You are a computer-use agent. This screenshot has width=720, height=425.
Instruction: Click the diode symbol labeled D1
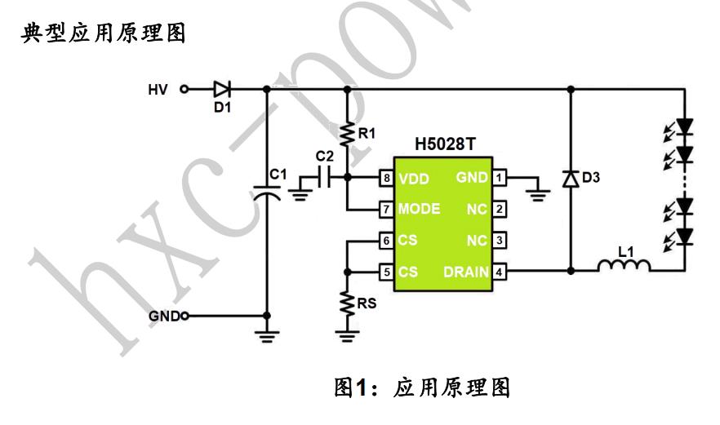click(221, 89)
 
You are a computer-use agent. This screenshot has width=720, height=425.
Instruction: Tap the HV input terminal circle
click(184, 89)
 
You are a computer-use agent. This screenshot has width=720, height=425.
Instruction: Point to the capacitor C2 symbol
click(324, 177)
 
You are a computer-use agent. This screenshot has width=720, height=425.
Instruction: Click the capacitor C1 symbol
click(268, 193)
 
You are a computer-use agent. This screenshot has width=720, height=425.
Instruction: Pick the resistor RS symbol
click(348, 303)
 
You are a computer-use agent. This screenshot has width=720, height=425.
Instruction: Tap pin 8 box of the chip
click(387, 177)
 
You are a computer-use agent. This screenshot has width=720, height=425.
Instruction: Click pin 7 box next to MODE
click(387, 209)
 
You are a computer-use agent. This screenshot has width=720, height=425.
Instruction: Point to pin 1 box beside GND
click(500, 177)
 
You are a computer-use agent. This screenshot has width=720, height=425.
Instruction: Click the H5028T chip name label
click(444, 144)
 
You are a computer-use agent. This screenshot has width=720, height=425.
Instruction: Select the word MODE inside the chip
click(419, 209)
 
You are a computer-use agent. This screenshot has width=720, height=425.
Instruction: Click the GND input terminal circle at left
click(184, 316)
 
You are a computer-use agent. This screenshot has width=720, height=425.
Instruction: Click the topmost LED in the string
click(684, 127)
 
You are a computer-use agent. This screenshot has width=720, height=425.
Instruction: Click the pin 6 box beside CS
click(387, 241)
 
